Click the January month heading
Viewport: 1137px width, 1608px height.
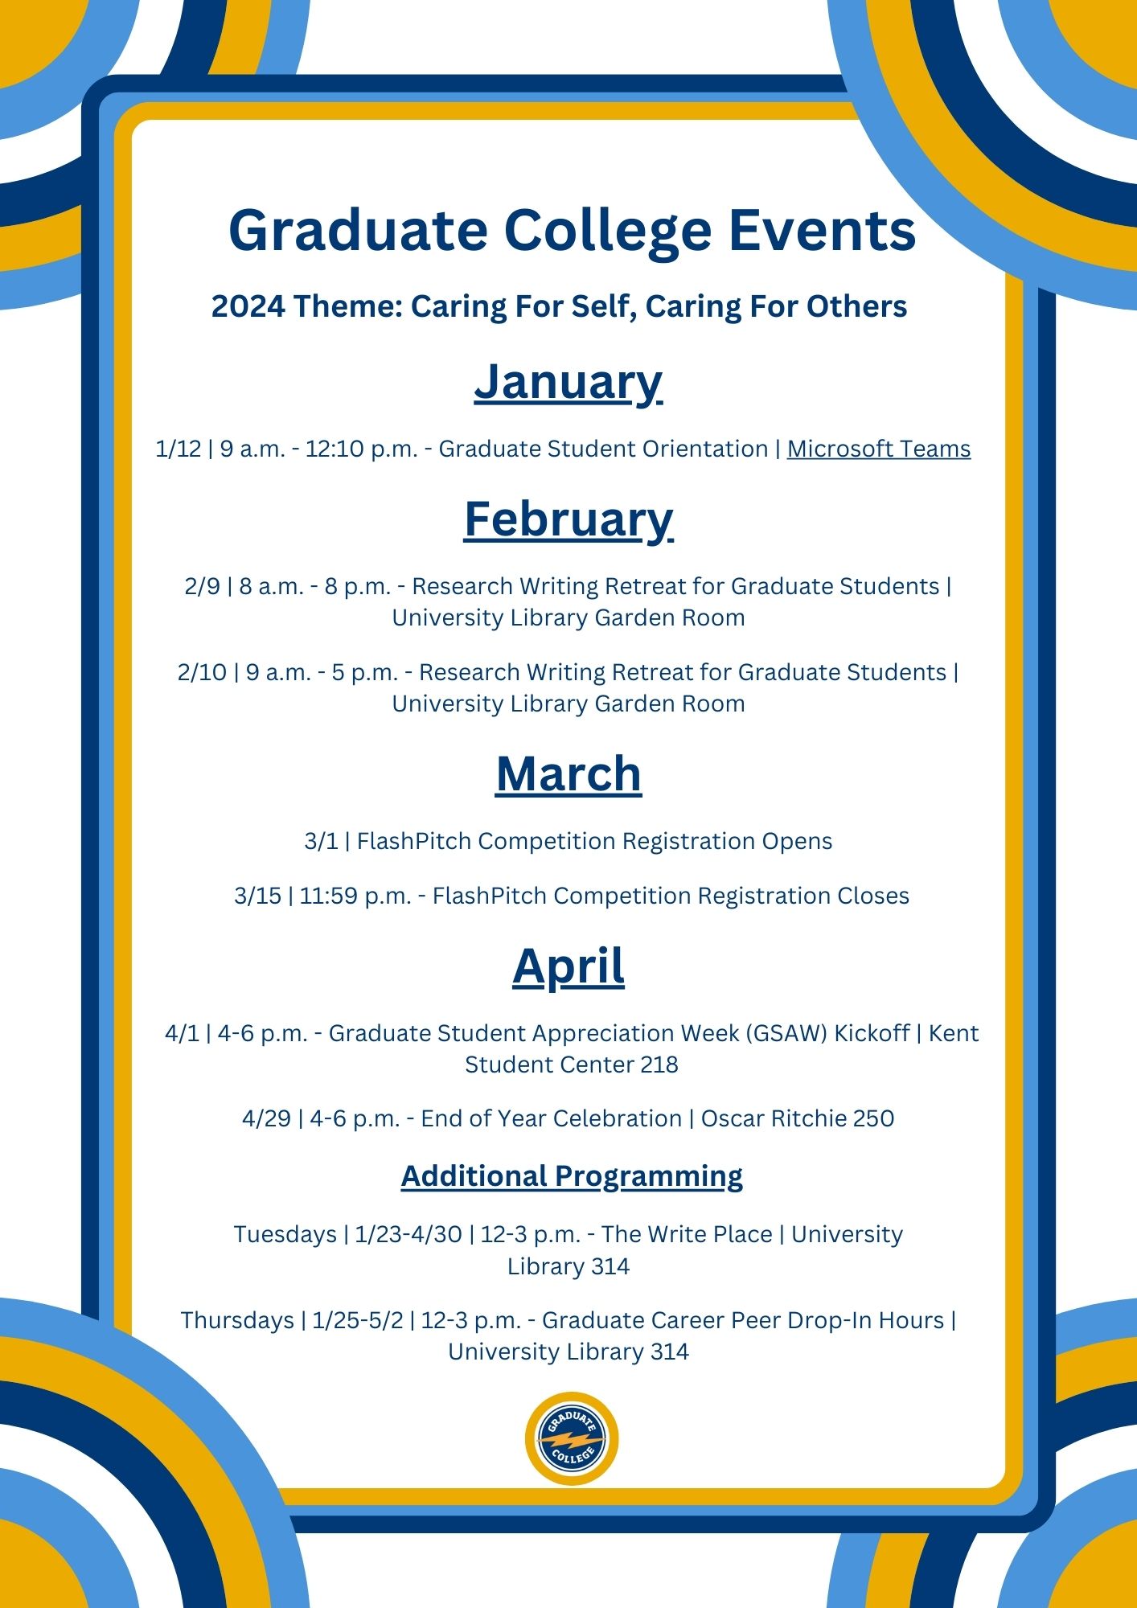pyautogui.click(x=568, y=383)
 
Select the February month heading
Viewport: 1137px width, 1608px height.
pyautogui.click(x=568, y=519)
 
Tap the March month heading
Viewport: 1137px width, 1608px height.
pyautogui.click(x=568, y=774)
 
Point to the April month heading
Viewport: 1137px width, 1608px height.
pyautogui.click(x=568, y=966)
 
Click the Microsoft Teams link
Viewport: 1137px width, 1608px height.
pyautogui.click(x=878, y=449)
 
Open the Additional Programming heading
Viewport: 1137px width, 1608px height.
pyautogui.click(x=572, y=1176)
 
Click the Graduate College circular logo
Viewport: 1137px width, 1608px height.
pyautogui.click(x=572, y=1438)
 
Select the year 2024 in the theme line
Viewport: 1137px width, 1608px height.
pyautogui.click(x=248, y=307)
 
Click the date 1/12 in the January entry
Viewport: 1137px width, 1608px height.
pyautogui.click(x=178, y=449)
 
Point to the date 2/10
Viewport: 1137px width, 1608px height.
pyautogui.click(x=202, y=672)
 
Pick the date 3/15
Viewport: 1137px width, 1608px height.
pyautogui.click(x=257, y=896)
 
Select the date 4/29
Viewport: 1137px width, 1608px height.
pyautogui.click(x=266, y=1118)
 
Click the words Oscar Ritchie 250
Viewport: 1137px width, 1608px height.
pyautogui.click(x=797, y=1118)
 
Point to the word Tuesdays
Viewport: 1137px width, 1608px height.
pyautogui.click(x=285, y=1234)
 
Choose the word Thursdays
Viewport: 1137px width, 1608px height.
pyautogui.click(x=237, y=1320)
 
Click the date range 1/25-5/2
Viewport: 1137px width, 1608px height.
pyautogui.click(x=358, y=1320)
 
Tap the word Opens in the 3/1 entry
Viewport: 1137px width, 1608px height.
pyautogui.click(x=797, y=841)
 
